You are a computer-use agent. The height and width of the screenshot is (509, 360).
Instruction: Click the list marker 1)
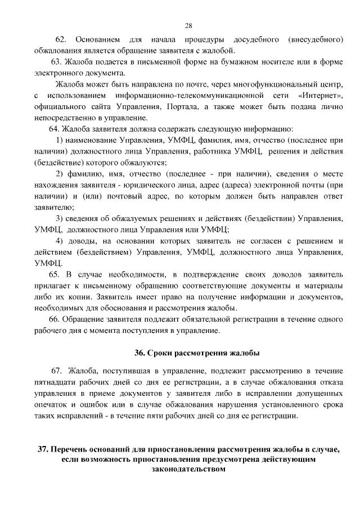point(63,140)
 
